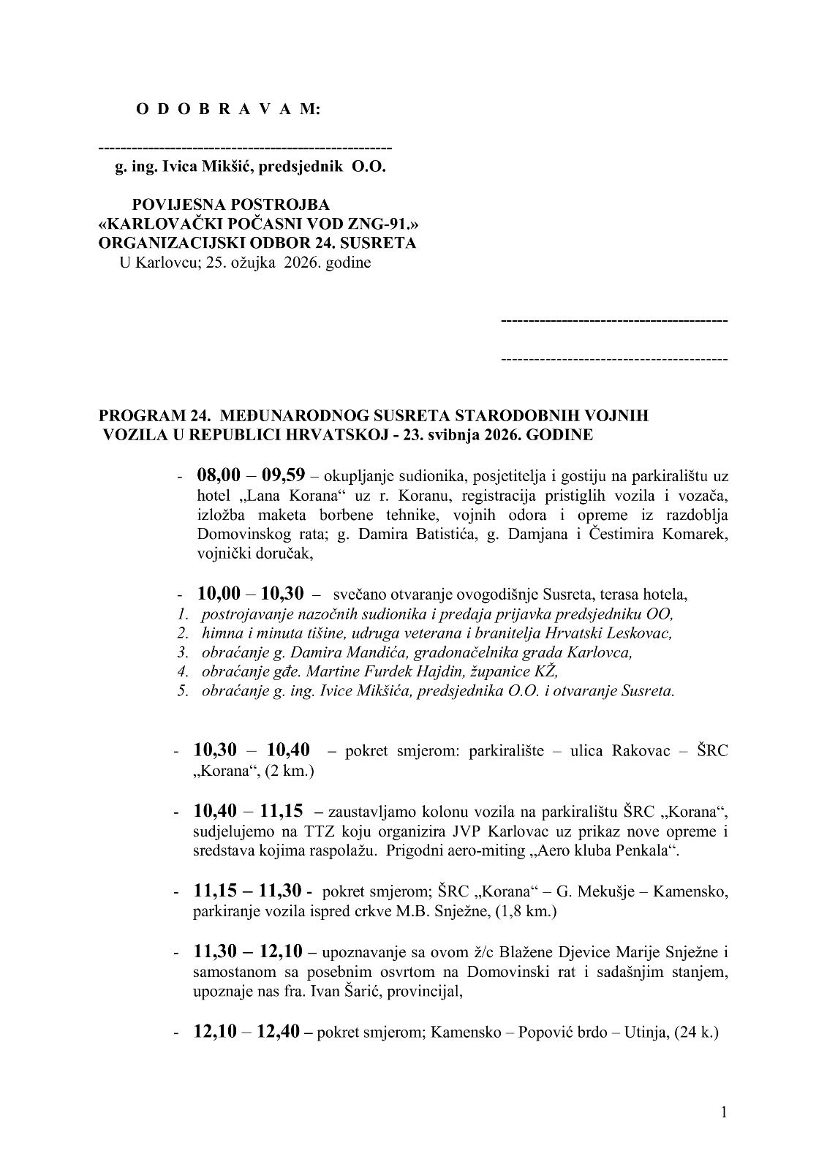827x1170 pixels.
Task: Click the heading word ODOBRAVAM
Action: (227, 110)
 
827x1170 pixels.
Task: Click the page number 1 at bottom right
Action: (723, 1112)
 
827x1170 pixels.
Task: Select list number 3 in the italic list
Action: (182, 652)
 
